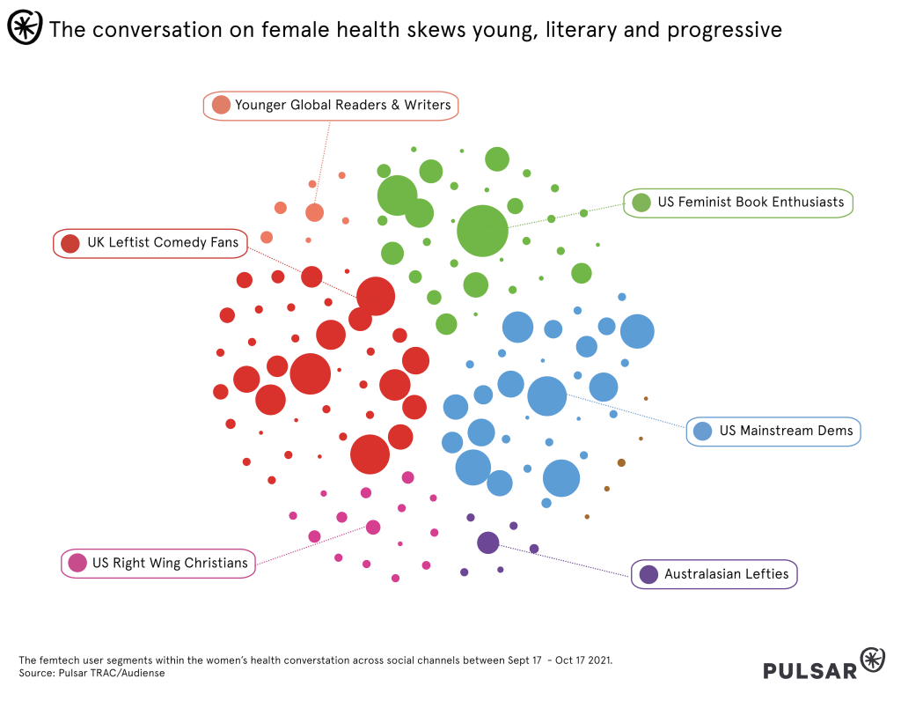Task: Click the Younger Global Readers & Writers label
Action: (x=342, y=105)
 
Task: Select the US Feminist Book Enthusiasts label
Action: (x=750, y=203)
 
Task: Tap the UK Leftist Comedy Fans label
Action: (x=162, y=243)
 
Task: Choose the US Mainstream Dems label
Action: (x=786, y=432)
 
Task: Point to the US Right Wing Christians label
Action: (x=170, y=563)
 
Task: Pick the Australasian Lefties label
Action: (x=726, y=574)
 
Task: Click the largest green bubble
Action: (x=482, y=231)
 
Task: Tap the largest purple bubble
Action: (x=488, y=542)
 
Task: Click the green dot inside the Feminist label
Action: (x=641, y=203)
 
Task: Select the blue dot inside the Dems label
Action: (x=702, y=432)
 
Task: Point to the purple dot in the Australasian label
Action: (x=648, y=574)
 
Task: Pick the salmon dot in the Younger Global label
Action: (x=221, y=105)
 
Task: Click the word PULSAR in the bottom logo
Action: (x=810, y=670)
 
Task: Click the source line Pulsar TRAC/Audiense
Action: (x=112, y=673)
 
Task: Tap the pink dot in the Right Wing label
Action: (x=77, y=563)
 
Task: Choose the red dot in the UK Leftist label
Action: (x=70, y=243)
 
